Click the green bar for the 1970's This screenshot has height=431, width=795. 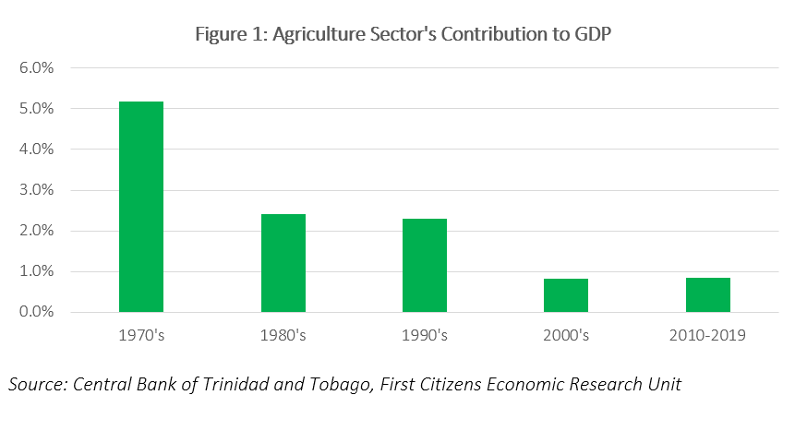click(141, 207)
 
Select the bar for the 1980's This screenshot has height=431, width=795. click(283, 263)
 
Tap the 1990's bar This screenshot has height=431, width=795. click(425, 265)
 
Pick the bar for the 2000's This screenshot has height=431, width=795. click(566, 295)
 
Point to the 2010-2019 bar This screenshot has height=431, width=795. click(708, 294)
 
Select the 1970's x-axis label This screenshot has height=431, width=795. click(141, 335)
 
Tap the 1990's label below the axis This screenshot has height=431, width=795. click(425, 335)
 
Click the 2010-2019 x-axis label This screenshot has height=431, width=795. click(708, 335)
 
